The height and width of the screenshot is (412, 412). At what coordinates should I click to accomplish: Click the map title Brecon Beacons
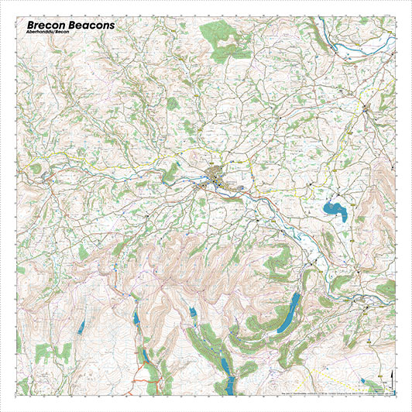(70, 26)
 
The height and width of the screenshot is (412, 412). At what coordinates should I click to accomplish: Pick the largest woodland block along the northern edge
(221, 34)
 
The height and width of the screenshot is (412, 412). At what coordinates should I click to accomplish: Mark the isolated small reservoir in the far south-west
(80, 325)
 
